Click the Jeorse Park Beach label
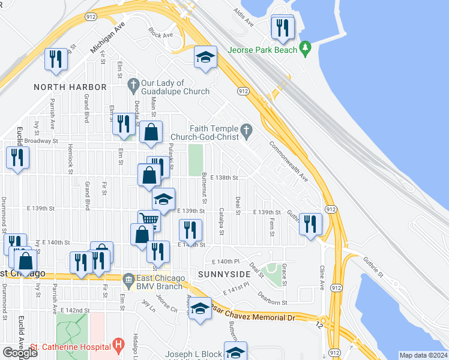click(262, 50)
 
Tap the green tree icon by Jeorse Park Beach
click(305, 46)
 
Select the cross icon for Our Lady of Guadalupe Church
click(133, 83)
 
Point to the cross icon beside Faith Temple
click(246, 129)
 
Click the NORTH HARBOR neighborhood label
click(70, 87)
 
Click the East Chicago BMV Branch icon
click(128, 279)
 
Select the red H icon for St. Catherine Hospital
click(119, 346)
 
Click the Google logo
click(20, 353)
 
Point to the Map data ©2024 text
click(424, 355)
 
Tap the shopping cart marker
click(148, 220)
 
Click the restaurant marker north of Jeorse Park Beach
click(281, 27)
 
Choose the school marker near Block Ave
click(205, 57)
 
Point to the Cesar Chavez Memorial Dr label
click(252, 316)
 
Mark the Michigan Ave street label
click(106, 42)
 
